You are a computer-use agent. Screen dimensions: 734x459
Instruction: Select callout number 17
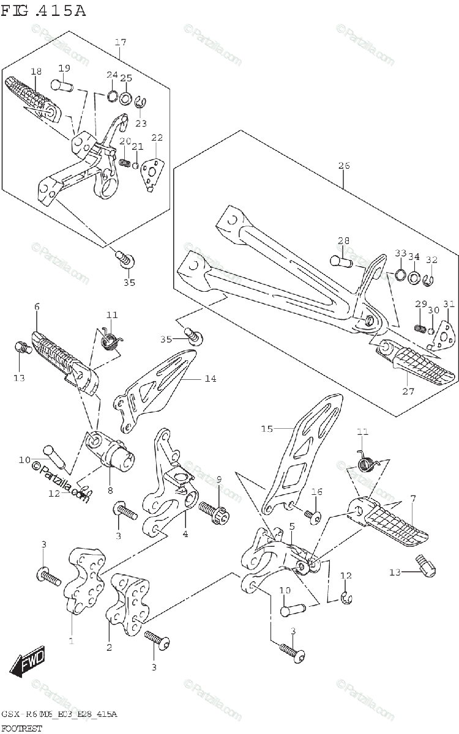coord(120,42)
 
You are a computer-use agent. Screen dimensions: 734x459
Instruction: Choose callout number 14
coord(210,379)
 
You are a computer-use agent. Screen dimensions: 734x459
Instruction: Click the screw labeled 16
coord(313,517)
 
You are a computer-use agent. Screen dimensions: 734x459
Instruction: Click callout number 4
coord(185,533)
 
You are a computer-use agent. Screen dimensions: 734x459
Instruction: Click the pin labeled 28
coord(341,261)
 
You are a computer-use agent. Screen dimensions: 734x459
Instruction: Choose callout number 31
coord(449,304)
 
